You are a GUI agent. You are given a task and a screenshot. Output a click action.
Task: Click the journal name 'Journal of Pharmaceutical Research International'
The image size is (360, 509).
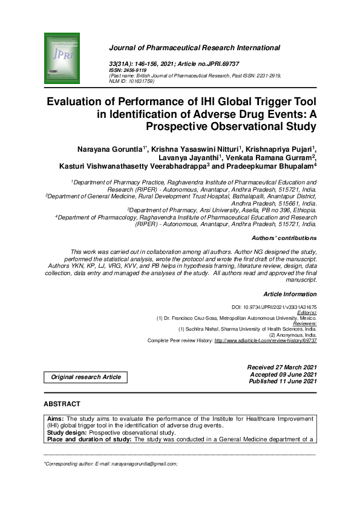pyautogui.click(x=194, y=47)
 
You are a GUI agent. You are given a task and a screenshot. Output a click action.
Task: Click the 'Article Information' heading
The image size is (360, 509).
pyautogui.click(x=290, y=294)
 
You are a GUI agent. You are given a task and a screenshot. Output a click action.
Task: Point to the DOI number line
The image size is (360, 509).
pyautogui.click(x=274, y=307)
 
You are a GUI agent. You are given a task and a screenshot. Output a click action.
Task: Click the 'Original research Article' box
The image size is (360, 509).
pyautogui.click(x=85, y=377)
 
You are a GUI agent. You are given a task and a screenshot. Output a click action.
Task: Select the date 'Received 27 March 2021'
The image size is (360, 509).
pyautogui.click(x=282, y=368)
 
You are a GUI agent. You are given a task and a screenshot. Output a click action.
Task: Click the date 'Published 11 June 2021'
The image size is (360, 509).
pyautogui.click(x=282, y=381)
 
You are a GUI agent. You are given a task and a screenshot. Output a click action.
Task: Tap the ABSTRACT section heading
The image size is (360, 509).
pyautogui.click(x=62, y=404)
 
